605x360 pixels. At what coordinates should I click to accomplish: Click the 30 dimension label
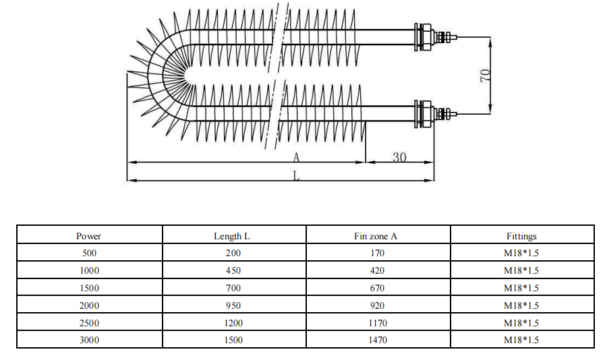click(x=399, y=157)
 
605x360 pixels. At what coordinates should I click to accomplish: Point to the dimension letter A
click(x=296, y=158)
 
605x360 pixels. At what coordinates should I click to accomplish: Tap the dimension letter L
click(x=296, y=175)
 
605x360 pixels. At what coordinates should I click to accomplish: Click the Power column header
click(x=88, y=236)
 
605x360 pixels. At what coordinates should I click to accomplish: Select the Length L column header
click(x=232, y=236)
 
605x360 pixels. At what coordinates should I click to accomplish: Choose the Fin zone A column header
click(x=377, y=236)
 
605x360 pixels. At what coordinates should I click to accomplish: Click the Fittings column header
click(x=521, y=236)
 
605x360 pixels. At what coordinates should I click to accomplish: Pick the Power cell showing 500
click(x=88, y=253)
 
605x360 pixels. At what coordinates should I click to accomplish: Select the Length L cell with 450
click(x=232, y=270)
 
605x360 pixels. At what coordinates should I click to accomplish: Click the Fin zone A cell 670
click(x=377, y=288)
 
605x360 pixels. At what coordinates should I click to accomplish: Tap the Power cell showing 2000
click(x=88, y=305)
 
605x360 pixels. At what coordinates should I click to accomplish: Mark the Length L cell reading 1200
click(x=232, y=323)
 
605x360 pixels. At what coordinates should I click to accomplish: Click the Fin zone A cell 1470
click(x=377, y=340)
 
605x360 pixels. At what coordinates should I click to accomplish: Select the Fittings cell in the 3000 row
click(x=521, y=340)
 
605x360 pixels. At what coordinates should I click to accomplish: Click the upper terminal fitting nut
click(x=425, y=36)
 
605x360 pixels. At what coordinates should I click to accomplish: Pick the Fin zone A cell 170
click(x=377, y=253)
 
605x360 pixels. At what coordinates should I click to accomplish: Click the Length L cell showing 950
click(x=232, y=305)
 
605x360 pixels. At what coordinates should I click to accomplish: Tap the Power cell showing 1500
click(x=88, y=288)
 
